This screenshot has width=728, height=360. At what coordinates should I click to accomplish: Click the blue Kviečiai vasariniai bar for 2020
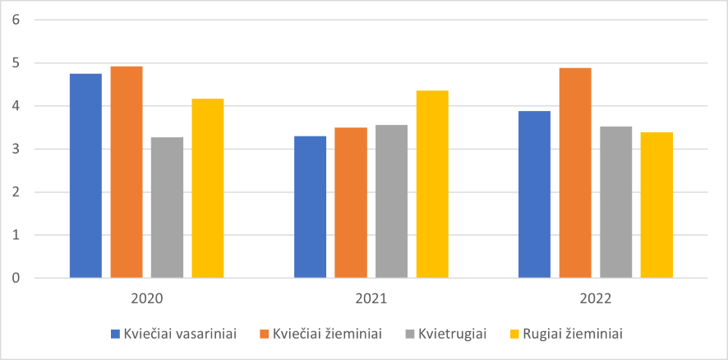85,176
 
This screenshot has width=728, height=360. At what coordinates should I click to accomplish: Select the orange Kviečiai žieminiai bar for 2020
127,173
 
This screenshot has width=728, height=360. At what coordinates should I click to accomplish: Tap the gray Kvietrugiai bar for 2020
167,207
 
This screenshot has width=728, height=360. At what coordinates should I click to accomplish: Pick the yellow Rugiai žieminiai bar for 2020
208,188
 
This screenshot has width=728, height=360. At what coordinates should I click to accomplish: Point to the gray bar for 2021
391,201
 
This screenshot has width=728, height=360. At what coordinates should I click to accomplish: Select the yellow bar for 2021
432,184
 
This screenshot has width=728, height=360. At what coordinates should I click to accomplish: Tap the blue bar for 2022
535,195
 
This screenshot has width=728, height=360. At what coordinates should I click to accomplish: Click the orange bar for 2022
575,173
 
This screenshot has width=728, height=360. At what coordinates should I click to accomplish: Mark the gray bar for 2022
615,202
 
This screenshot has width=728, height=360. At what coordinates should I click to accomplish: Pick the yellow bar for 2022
657,205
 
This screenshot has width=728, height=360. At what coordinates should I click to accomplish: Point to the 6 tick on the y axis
16,20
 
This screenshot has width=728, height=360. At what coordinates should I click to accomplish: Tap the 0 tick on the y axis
16,278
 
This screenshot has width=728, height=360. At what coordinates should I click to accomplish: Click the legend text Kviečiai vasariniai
180,334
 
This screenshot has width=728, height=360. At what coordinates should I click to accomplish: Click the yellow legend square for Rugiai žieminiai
515,334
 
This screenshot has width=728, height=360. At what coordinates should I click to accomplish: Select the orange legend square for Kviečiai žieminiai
264,334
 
